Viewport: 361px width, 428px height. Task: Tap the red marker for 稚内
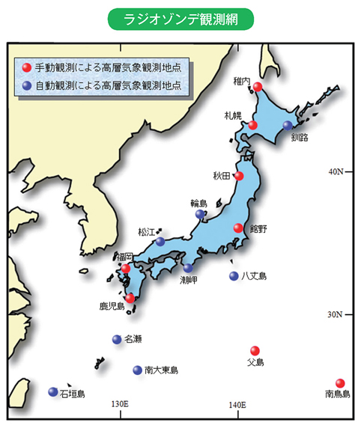[x=257, y=87]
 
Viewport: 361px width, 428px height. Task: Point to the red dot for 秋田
[x=240, y=177]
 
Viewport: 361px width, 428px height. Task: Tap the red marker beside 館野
[x=238, y=228]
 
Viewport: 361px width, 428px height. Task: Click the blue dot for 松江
[x=160, y=241]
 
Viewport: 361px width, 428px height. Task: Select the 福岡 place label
[x=124, y=257]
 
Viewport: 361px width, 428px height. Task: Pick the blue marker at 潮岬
[x=188, y=267]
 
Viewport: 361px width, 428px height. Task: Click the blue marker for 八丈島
[x=234, y=275]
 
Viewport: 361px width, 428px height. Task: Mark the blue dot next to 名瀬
[x=116, y=339]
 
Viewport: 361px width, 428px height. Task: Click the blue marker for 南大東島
[x=137, y=370]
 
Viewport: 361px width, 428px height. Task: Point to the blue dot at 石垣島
[x=53, y=391]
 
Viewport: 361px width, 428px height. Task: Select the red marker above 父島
[x=255, y=350]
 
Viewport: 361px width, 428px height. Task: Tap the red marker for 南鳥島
[x=340, y=382]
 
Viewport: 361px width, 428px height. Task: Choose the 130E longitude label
[x=120, y=404]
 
